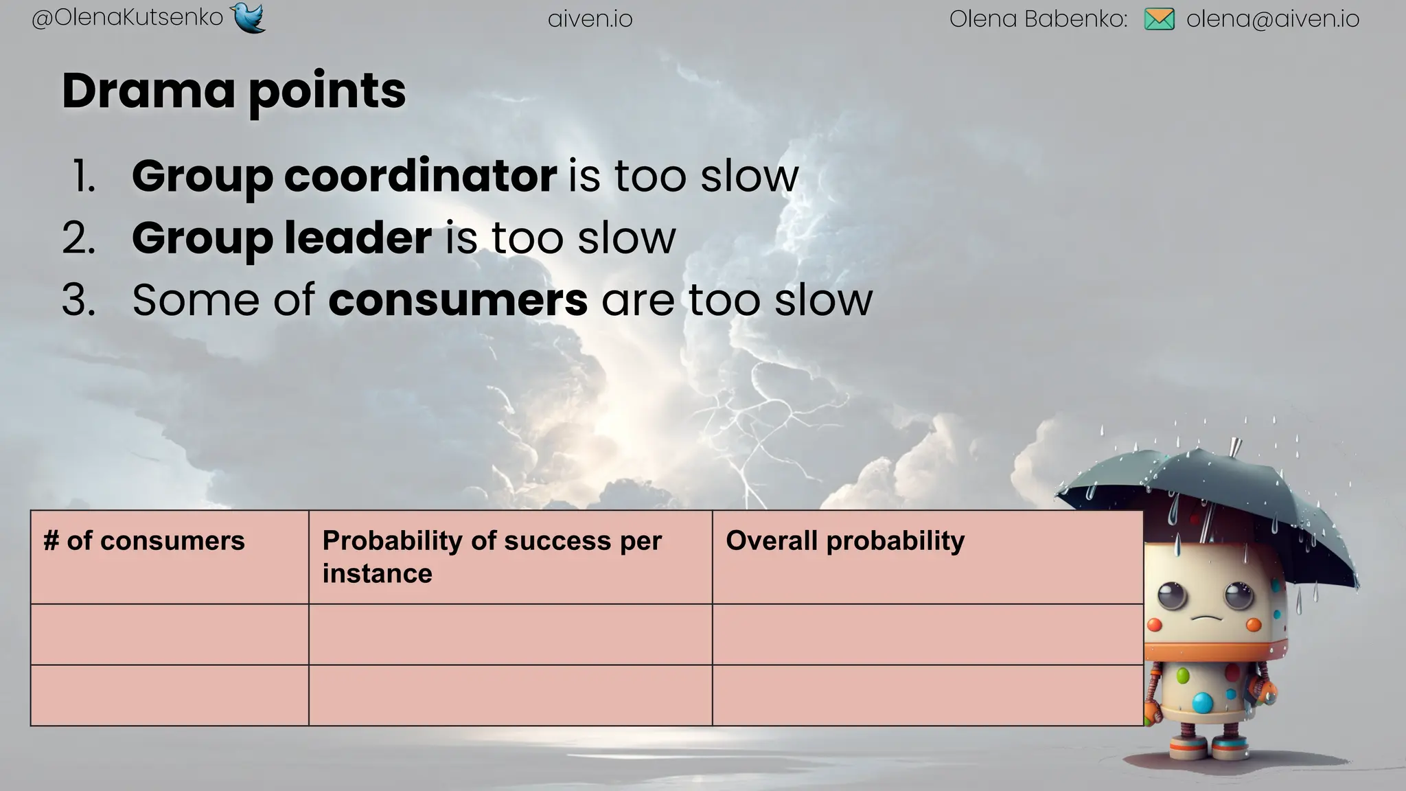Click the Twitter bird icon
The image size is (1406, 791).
pyautogui.click(x=249, y=18)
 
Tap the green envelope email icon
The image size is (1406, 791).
pyautogui.click(x=1160, y=19)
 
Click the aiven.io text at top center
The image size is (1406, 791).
pyautogui.click(x=590, y=19)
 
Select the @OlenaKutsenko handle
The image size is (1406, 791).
pyautogui.click(x=127, y=19)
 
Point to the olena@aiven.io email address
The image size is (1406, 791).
pyautogui.click(x=1272, y=19)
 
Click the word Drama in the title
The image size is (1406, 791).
pyautogui.click(x=148, y=91)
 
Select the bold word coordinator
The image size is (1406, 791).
pyautogui.click(x=420, y=176)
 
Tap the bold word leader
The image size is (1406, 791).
pyautogui.click(x=358, y=238)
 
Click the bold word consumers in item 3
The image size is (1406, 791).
pyautogui.click(x=458, y=300)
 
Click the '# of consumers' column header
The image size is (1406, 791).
pyautogui.click(x=143, y=541)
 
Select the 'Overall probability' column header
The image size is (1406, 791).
pyautogui.click(x=844, y=541)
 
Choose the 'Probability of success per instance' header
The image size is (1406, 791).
pyautogui.click(x=492, y=556)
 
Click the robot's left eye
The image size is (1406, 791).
pyautogui.click(x=1173, y=595)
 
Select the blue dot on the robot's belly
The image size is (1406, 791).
pyautogui.click(x=1202, y=702)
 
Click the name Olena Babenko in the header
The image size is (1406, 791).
pyautogui.click(x=1037, y=19)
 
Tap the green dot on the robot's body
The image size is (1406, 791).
pyautogui.click(x=1182, y=676)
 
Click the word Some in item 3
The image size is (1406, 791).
pyautogui.click(x=196, y=300)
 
